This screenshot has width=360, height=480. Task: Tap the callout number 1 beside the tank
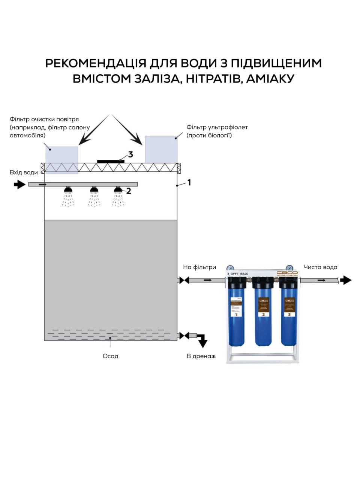189,182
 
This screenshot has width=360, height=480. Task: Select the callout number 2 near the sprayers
129,191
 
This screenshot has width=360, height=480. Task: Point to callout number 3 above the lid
130,154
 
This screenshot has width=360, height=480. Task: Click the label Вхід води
24,172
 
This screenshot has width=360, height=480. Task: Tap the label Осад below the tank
110,356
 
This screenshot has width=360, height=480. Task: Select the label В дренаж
201,356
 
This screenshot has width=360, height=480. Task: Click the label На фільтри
199,267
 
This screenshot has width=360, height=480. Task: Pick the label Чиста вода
320,267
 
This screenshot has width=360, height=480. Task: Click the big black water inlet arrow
19,184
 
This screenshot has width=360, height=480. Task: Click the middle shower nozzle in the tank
94,190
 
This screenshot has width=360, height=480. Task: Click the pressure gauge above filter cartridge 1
230,268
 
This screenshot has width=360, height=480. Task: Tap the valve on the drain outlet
184,336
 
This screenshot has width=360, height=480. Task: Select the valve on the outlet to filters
184,280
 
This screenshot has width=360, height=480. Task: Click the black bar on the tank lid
111,162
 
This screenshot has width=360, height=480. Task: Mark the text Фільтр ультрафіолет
217,127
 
